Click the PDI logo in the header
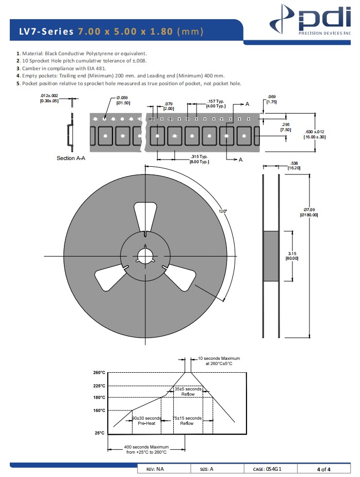313,21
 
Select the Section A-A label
71,158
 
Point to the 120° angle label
222,211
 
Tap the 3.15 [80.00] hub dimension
292,256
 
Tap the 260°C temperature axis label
99,373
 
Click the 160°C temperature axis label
99,411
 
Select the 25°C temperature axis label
100,433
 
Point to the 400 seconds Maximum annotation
146,449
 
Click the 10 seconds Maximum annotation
218,361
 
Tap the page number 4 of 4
324,469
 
